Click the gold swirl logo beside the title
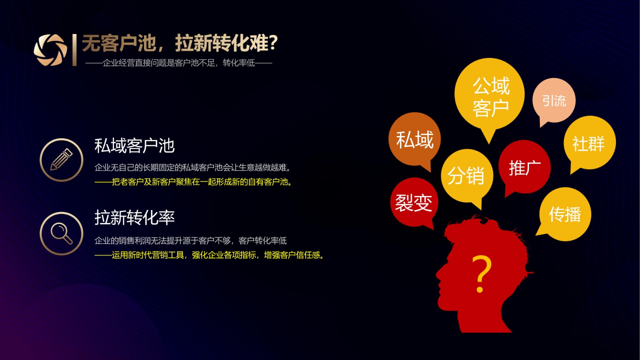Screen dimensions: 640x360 50,50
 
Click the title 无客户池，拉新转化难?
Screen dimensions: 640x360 180,43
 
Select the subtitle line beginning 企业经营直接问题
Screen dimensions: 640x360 179,62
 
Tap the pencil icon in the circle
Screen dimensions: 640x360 62,160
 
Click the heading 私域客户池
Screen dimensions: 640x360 134,146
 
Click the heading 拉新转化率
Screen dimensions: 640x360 134,218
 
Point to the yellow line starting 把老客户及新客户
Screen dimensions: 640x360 194,182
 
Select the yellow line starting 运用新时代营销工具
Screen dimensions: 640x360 210,255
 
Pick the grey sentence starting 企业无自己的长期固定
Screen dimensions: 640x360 192,168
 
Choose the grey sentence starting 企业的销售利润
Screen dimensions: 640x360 190,240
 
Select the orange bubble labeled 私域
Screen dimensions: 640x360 414,140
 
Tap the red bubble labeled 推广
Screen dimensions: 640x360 524,167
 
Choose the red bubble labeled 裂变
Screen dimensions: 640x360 414,202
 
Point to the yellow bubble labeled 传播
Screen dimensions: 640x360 565,214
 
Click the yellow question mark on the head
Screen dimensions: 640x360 481,274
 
